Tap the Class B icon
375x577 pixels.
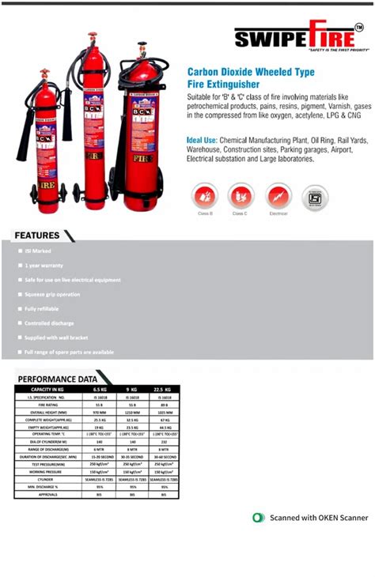(204, 195)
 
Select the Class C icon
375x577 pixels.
(241, 195)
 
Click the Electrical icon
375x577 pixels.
(278, 195)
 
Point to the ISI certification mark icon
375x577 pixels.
(316, 197)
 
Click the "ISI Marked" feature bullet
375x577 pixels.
(38, 251)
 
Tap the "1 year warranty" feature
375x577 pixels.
(44, 266)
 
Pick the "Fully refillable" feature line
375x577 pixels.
(42, 308)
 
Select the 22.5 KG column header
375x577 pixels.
(164, 390)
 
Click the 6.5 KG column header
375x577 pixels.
(100, 390)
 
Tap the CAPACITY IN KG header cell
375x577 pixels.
(47, 390)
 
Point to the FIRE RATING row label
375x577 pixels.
(47, 405)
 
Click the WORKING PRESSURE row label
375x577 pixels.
(47, 471)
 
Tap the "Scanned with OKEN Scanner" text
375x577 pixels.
(319, 518)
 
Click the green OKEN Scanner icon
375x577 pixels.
(259, 518)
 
